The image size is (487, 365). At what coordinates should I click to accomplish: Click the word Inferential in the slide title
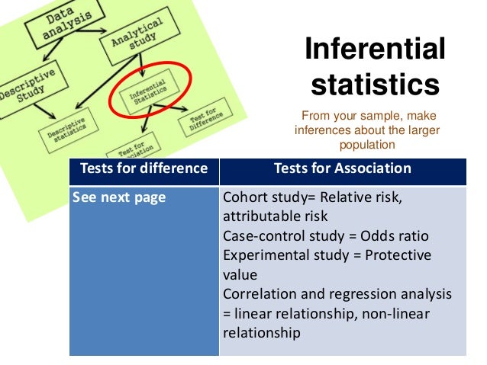[x=375, y=50]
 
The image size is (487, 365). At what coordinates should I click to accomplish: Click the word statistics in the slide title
[x=375, y=84]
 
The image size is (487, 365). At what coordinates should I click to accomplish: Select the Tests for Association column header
[x=342, y=168]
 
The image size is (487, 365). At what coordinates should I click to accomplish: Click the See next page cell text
[x=118, y=197]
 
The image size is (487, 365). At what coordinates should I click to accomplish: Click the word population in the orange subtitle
[x=368, y=144]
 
